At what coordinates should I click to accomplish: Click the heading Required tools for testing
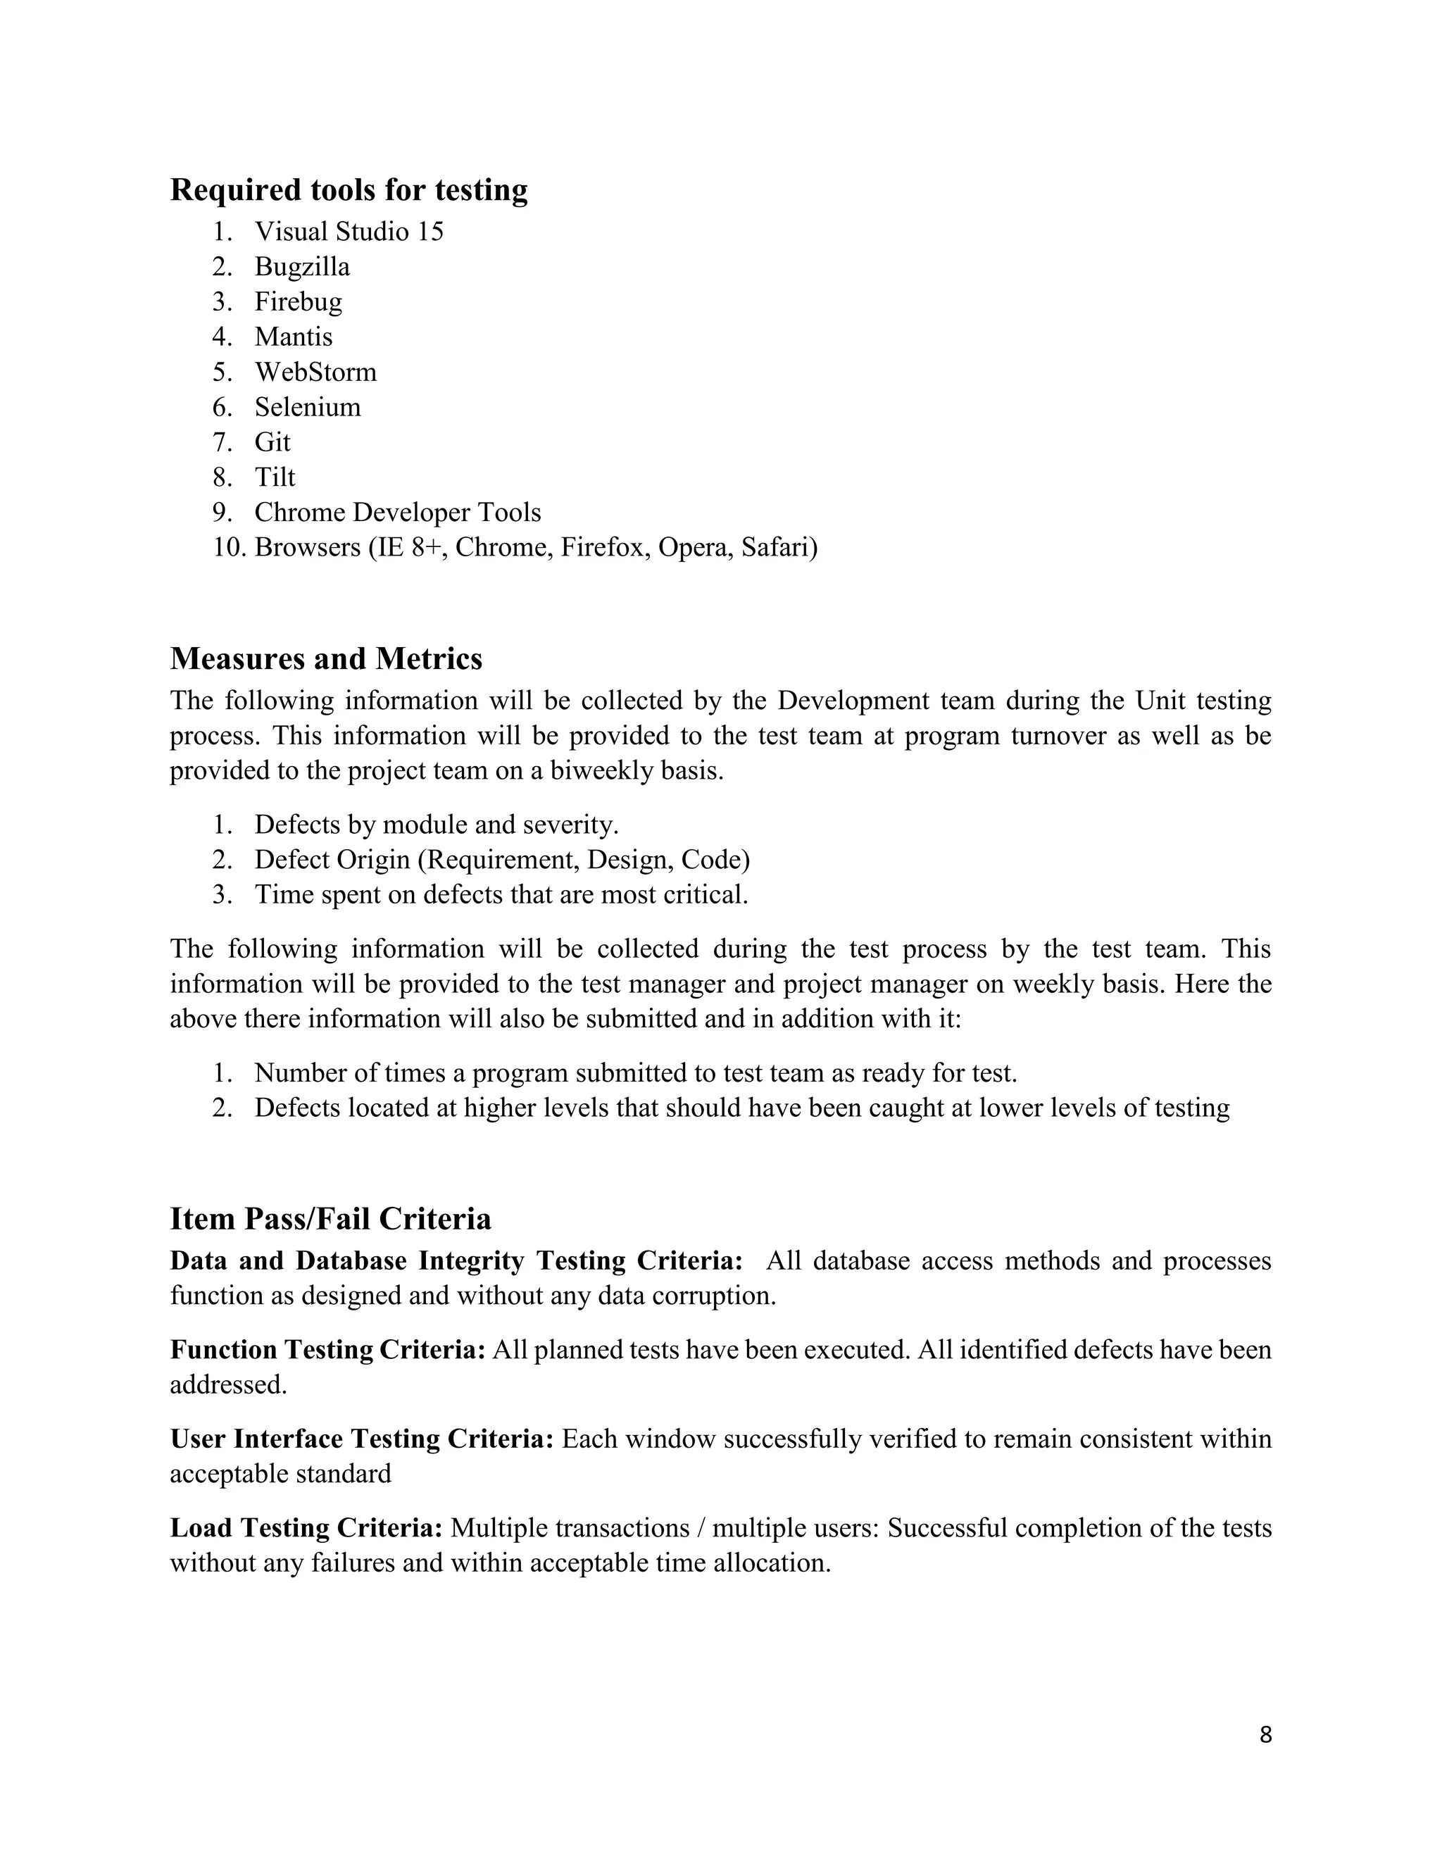click(x=349, y=189)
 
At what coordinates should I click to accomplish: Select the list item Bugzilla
click(x=301, y=267)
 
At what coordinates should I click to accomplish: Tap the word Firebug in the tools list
click(x=298, y=301)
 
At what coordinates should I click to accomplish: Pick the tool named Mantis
click(x=293, y=337)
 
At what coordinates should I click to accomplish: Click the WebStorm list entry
click(x=315, y=372)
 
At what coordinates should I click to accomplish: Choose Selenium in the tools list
click(x=308, y=407)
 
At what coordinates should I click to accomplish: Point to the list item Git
click(x=272, y=442)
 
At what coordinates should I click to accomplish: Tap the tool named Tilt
click(x=274, y=477)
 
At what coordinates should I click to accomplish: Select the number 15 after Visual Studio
click(x=430, y=232)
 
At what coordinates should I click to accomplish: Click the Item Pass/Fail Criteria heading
click(x=331, y=1218)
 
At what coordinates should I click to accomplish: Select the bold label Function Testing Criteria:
click(x=328, y=1350)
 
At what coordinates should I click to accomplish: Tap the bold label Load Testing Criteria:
click(x=306, y=1528)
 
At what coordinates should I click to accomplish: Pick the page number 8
click(x=1265, y=1735)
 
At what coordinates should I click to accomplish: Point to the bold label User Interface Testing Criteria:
click(x=362, y=1439)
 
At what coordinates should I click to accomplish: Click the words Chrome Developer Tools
click(x=397, y=512)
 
